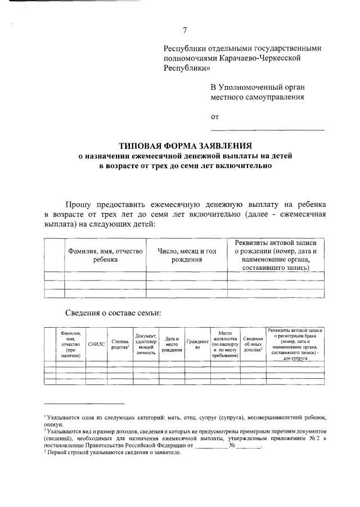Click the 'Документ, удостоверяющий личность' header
coord(146,344)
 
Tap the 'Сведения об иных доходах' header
coord(253,344)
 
